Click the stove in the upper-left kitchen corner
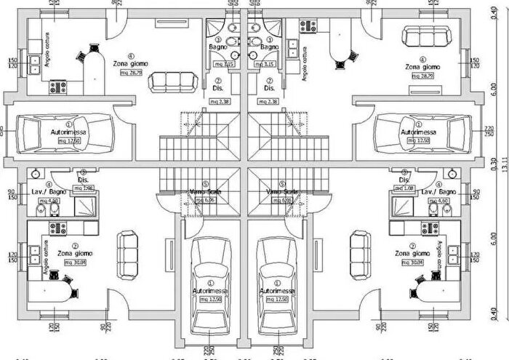pyautogui.click(x=57, y=87)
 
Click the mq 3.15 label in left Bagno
pyautogui.click(x=224, y=64)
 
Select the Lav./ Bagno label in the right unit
pyautogui.click(x=428, y=191)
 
